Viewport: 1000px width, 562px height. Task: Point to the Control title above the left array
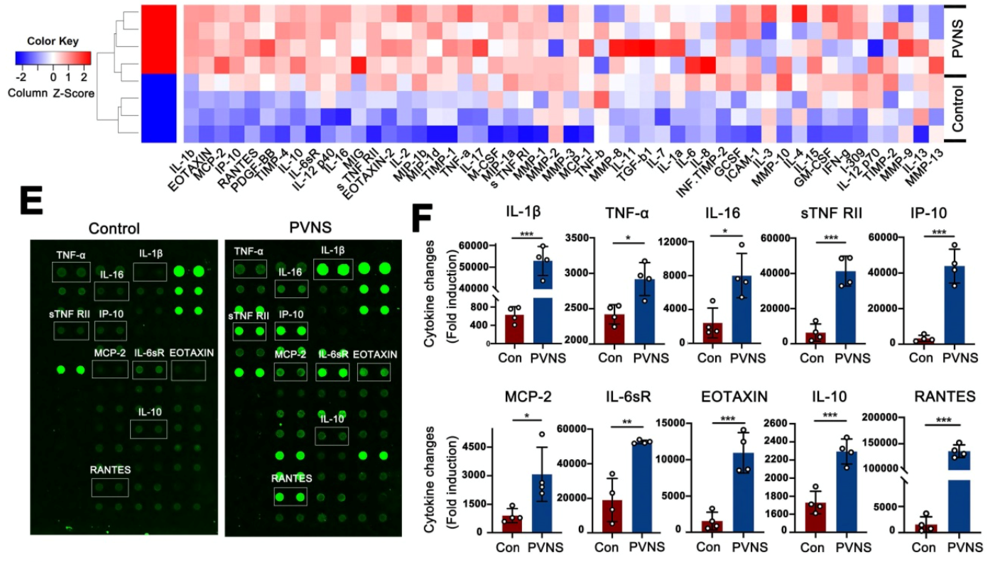(114, 229)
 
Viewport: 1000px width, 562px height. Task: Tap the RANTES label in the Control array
(110, 469)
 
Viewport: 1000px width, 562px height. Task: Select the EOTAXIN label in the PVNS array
(374, 354)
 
